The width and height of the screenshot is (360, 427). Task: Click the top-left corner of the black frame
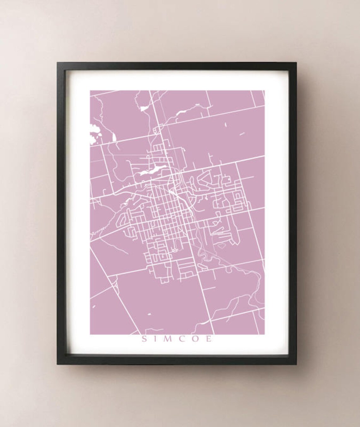pyautogui.click(x=57, y=63)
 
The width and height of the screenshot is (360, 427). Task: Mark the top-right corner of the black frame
pyautogui.click(x=296, y=63)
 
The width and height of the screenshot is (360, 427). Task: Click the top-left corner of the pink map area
pyautogui.click(x=90, y=91)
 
